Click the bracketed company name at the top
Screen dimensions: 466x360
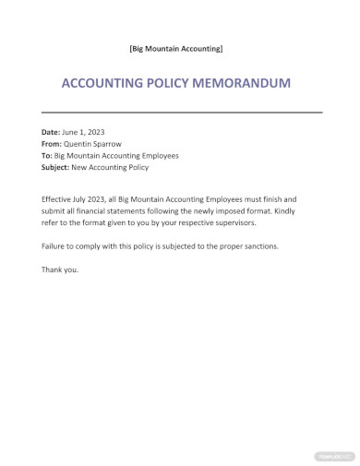(175, 47)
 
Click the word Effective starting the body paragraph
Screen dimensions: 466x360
(59, 199)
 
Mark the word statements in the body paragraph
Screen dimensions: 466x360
(139, 211)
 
